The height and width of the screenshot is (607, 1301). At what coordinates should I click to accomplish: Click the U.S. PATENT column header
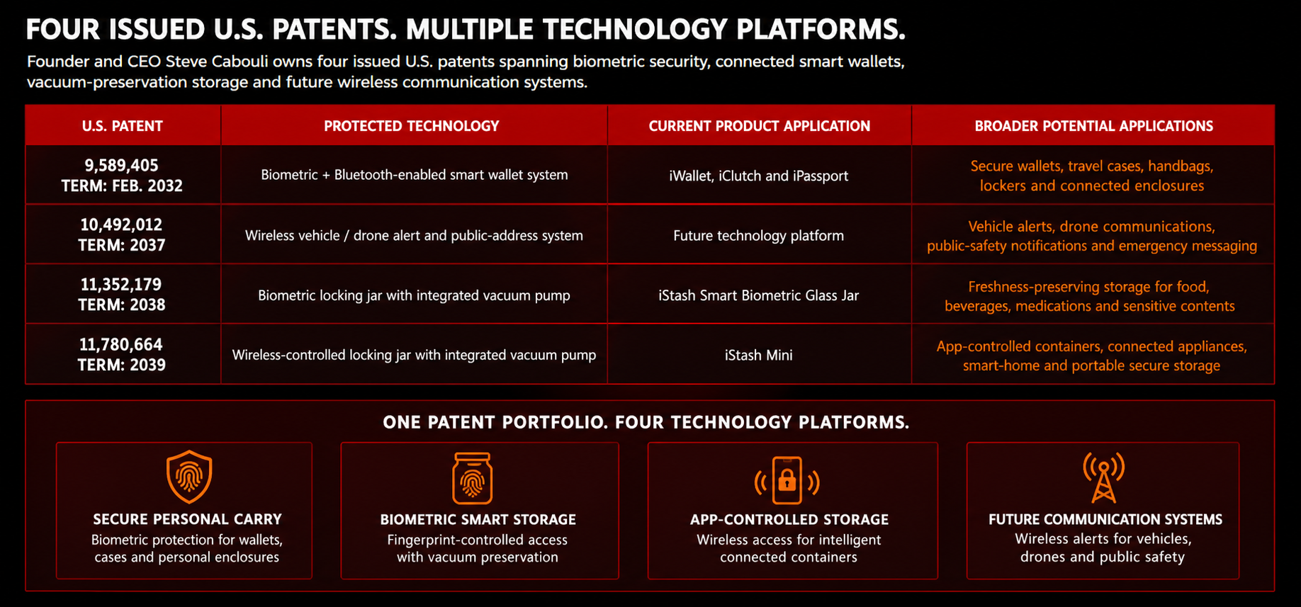coord(123,126)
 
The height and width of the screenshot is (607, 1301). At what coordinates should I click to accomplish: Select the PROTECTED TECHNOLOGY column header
coord(412,126)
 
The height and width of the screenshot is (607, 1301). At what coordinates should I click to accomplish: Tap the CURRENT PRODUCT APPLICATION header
coord(760,126)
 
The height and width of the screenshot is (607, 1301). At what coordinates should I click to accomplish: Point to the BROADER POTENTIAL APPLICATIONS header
coord(1094,126)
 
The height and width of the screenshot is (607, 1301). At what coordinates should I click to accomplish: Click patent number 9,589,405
coord(122,165)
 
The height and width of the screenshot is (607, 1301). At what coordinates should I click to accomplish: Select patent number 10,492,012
coord(121,225)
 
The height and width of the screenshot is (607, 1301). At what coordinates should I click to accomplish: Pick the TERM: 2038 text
coord(122,305)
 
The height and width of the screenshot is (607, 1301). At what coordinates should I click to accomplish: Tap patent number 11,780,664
coord(121,344)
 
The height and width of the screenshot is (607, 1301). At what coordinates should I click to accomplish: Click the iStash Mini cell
coord(759,355)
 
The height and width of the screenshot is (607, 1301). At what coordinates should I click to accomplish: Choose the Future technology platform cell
coord(759,235)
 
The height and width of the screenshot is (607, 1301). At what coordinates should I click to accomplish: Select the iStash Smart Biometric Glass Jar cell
coord(759,295)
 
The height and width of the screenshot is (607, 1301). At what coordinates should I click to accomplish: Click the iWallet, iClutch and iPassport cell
coord(759,176)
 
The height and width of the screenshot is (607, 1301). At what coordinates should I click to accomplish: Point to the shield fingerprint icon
coord(189,476)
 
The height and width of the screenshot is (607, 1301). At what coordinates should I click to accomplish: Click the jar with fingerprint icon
coord(473,478)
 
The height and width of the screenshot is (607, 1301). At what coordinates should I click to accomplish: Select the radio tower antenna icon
coord(1103,477)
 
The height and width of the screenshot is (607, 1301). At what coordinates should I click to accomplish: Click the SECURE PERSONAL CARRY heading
coord(188,519)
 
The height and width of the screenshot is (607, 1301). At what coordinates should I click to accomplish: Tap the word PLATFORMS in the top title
coord(821,30)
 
